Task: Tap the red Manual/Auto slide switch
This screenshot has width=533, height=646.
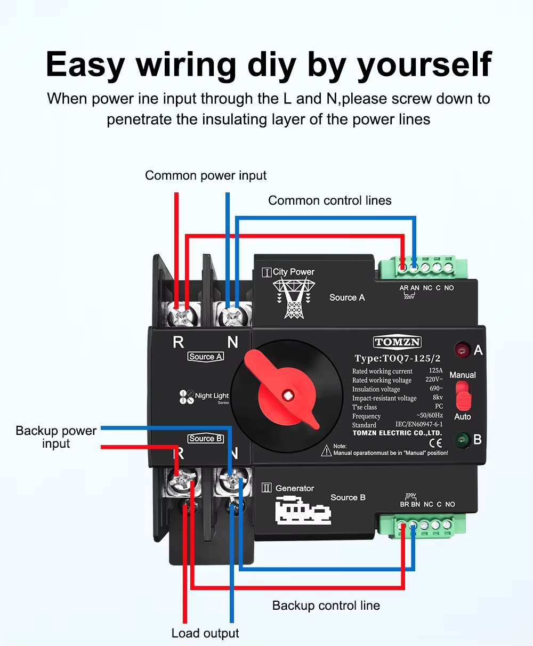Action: click(463, 396)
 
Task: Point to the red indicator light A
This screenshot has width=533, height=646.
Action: click(461, 350)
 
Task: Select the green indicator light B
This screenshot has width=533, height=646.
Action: click(462, 440)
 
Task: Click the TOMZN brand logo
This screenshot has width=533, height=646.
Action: click(397, 342)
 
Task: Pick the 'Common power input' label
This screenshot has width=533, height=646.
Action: click(206, 175)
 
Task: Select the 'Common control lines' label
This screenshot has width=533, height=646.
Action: click(329, 200)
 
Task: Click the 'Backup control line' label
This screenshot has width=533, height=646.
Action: click(326, 605)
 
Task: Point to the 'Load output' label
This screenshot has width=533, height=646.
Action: click(205, 633)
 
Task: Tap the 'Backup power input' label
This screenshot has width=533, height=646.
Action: click(56, 437)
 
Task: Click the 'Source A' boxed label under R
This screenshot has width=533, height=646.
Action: click(205, 357)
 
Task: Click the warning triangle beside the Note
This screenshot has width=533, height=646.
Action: click(326, 451)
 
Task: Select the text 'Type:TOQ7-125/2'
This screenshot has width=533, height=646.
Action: click(398, 358)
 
